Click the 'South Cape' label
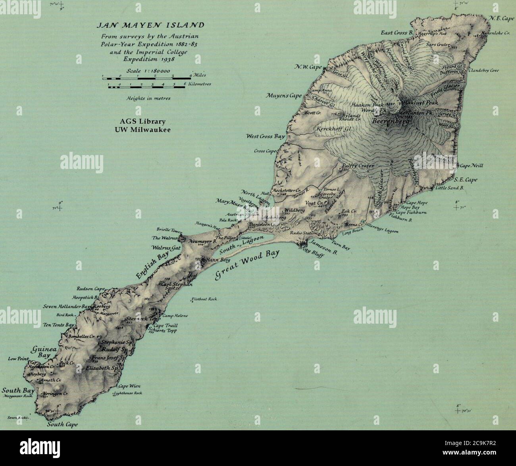click(x=62, y=424)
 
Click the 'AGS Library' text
click(x=143, y=121)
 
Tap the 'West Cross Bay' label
click(x=266, y=136)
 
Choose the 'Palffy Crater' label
click(x=358, y=167)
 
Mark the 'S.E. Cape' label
click(x=467, y=180)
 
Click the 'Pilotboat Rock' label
click(x=205, y=299)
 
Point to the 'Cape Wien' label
click(x=128, y=386)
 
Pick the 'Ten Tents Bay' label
click(x=59, y=325)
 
